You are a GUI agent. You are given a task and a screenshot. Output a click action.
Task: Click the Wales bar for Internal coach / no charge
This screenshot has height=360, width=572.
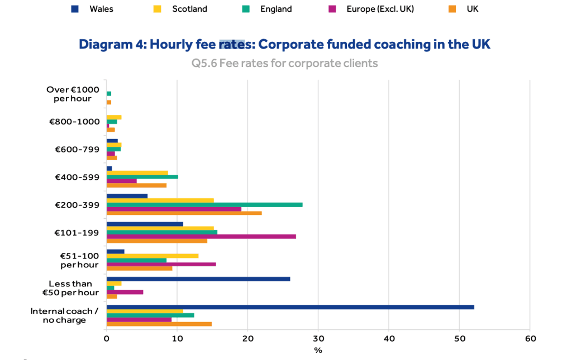(290, 307)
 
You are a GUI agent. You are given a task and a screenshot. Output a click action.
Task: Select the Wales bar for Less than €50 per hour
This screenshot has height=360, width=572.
(198, 279)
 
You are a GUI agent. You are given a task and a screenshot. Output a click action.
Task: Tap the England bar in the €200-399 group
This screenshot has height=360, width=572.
(204, 205)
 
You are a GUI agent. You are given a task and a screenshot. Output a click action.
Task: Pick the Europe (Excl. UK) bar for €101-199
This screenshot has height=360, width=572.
(201, 237)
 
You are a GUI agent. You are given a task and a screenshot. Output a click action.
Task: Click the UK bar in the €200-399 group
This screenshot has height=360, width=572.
(184, 213)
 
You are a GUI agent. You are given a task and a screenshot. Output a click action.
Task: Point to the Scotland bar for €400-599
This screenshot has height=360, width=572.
(137, 173)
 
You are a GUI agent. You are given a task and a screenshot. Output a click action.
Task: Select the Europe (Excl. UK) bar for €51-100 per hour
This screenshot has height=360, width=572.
(161, 264)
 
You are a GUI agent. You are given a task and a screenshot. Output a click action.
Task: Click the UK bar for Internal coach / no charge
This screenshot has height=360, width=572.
(159, 324)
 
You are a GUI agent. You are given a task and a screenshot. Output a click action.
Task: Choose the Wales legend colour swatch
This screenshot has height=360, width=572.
(75, 9)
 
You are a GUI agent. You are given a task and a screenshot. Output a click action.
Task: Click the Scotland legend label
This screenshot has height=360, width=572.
(189, 9)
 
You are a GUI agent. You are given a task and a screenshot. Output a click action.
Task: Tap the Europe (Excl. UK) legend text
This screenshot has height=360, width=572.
(380, 9)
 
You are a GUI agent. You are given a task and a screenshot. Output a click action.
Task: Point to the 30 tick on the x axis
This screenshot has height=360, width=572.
(318, 338)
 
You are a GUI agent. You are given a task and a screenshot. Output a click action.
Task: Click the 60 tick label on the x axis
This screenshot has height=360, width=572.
(530, 338)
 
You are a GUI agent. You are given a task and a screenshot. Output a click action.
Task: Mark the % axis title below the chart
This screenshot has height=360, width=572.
(318, 351)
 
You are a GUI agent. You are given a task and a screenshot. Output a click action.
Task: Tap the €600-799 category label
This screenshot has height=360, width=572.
(77, 150)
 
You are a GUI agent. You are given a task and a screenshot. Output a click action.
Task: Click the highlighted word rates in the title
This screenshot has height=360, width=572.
(232, 44)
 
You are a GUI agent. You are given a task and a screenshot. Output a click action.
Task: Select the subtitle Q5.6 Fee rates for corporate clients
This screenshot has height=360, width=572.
(284, 63)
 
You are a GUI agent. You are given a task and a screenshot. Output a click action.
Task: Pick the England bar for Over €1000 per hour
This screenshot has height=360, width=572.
(109, 94)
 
